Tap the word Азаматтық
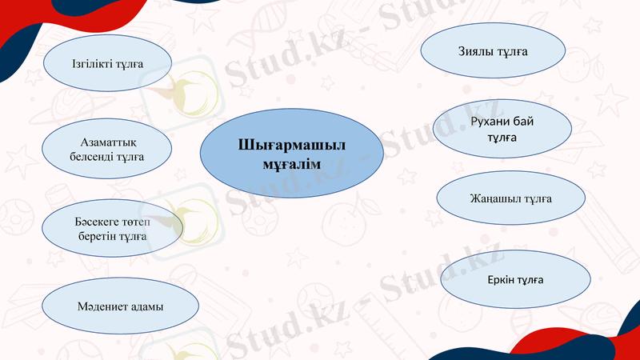click(x=106, y=142)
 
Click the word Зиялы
click(x=475, y=51)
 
